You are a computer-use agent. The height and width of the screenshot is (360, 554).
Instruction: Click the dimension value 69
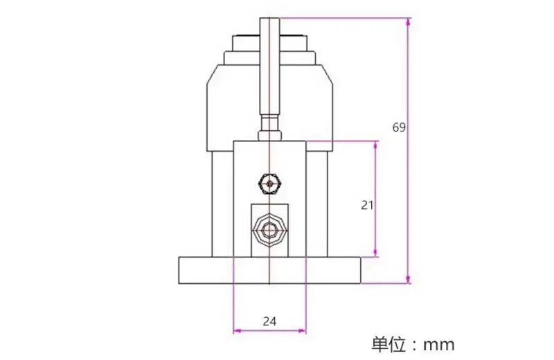398,127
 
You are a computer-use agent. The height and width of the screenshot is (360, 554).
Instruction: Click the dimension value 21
367,204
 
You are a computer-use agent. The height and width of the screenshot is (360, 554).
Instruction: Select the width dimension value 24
269,321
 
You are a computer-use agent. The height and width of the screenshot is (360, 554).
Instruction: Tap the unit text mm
438,343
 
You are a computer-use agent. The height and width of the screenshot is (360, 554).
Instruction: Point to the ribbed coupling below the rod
269,129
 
